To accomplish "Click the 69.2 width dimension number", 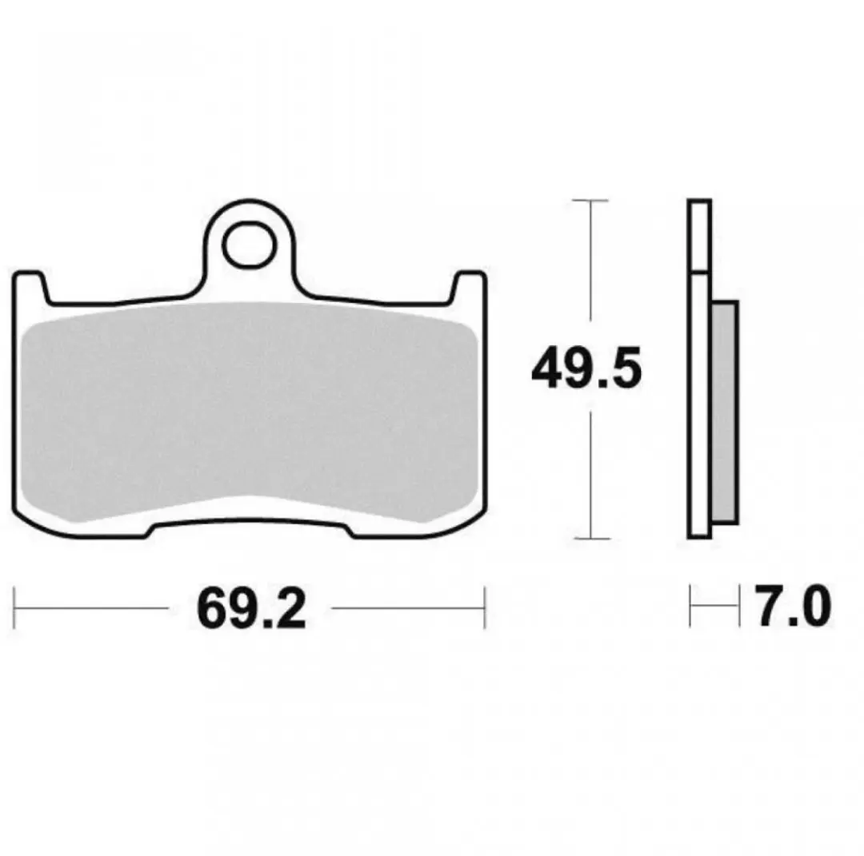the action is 251,608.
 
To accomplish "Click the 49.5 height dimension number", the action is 586,367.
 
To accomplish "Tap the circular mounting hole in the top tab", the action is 249,245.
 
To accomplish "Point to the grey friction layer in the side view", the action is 724,412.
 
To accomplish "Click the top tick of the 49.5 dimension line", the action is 590,201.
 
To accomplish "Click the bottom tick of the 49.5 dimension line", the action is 591,539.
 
